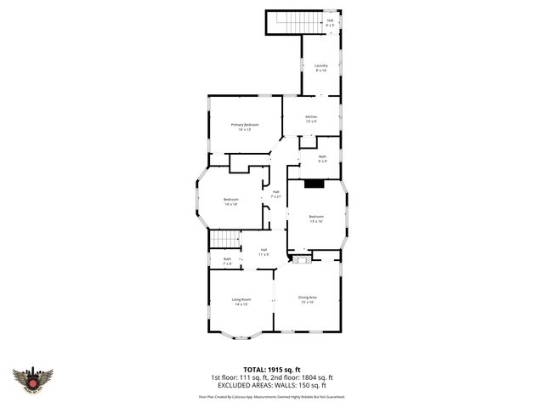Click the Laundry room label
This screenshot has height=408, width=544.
point(321,68)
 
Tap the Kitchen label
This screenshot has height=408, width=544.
point(311,119)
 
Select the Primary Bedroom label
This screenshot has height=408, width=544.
point(245,127)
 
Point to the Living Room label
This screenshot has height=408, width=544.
point(241,301)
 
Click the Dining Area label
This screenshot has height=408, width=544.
point(307,299)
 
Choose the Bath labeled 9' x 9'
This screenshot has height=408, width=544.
point(322,158)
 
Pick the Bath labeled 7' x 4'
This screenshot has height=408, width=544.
point(227,261)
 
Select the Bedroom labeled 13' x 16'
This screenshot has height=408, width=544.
point(316,218)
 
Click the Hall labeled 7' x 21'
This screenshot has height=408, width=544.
point(276,194)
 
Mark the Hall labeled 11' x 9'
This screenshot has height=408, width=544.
point(264,252)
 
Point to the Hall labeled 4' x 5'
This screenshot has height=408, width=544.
point(330,22)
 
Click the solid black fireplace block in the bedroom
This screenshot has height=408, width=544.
point(314,183)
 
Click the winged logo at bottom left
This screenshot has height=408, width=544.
point(33,378)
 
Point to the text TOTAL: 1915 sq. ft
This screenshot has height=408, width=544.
point(271,369)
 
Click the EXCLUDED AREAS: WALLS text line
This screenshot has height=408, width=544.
point(271,384)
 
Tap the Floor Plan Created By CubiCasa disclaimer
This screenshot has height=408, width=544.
point(271,396)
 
